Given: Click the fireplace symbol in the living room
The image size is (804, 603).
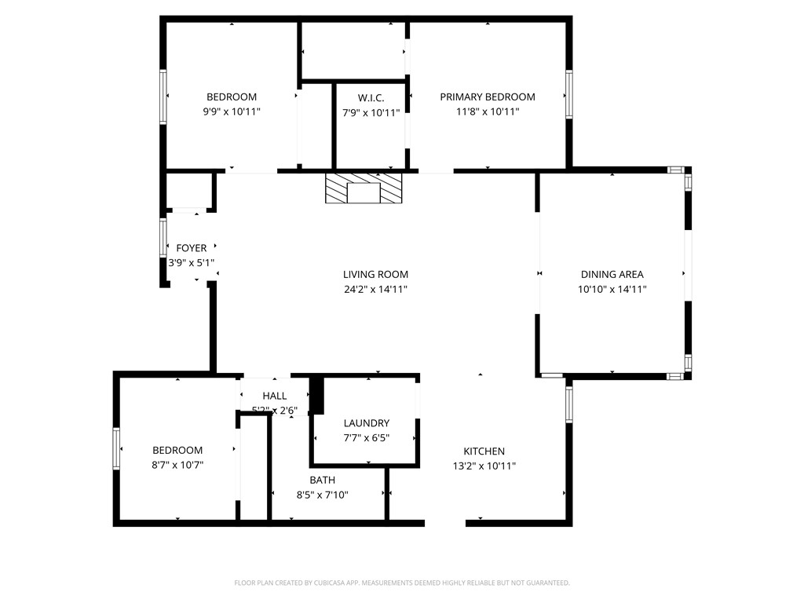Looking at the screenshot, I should (x=364, y=189).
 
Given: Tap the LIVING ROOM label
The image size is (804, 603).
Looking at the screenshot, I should (x=375, y=275).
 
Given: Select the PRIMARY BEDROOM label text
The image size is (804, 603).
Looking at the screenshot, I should (x=487, y=97).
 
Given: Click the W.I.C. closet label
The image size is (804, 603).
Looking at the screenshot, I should (x=371, y=98).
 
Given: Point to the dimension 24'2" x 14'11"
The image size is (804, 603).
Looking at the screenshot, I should (x=375, y=290).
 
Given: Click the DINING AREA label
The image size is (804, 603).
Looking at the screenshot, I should (x=612, y=275).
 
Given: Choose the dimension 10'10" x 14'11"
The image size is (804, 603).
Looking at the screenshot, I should (x=612, y=290).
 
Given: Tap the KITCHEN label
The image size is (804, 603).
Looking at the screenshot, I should (x=484, y=451).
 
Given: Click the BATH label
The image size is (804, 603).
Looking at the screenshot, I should (x=322, y=481).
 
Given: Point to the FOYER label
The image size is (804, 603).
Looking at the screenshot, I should (x=191, y=249).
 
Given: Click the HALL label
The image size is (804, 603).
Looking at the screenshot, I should (x=275, y=397).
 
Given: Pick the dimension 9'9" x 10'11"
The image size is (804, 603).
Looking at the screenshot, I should (x=231, y=112).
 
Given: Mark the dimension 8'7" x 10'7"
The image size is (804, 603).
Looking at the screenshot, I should (x=177, y=466).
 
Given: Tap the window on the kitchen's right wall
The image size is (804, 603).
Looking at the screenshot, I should (x=568, y=404).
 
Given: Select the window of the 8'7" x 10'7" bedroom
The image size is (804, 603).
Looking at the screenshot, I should (x=117, y=449).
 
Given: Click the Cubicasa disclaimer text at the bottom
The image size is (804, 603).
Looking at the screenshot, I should (x=402, y=583).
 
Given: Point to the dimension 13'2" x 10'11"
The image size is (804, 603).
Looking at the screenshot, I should (x=484, y=466).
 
